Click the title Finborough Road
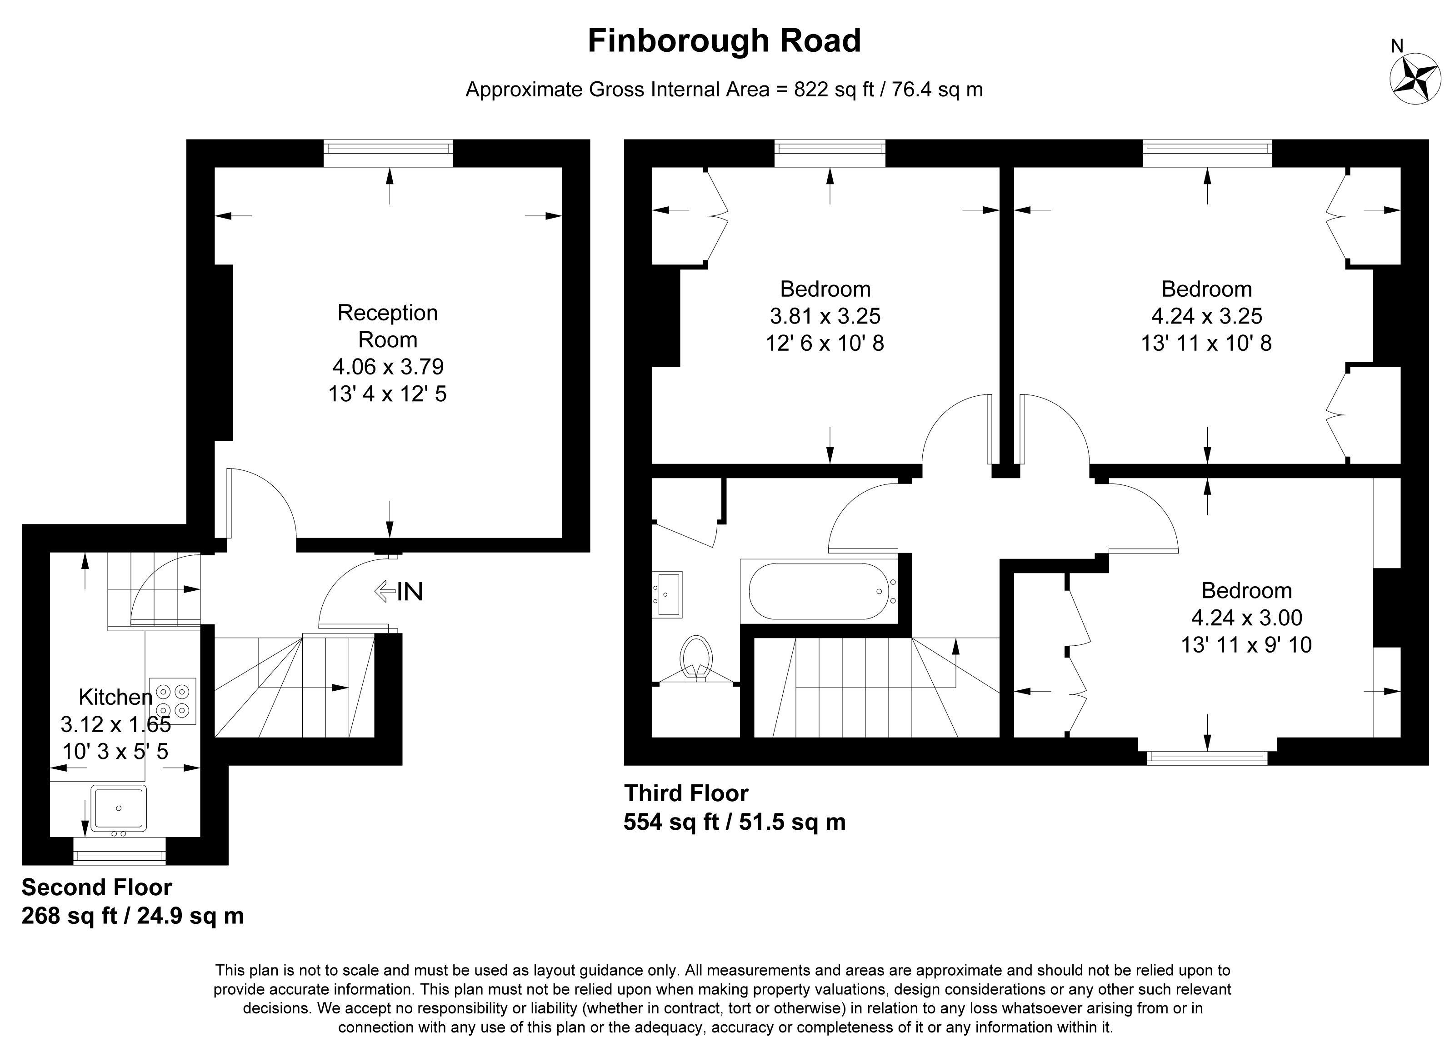tap(725, 41)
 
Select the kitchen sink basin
tap(119, 808)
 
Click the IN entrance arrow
tap(384, 591)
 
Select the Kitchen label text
tap(116, 696)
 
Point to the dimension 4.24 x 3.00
tap(1247, 618)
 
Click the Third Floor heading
tap(686, 793)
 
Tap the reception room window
tap(389, 154)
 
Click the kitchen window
tap(120, 851)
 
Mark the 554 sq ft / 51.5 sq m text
tap(735, 822)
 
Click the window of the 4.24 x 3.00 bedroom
tap(1207, 757)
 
